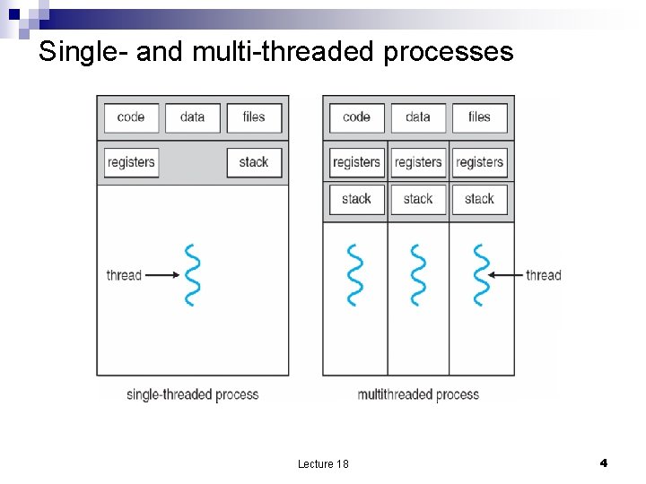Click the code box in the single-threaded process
tap(131, 117)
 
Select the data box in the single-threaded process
tap(192, 117)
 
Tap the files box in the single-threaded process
tap(254, 117)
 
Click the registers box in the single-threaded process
tap(131, 162)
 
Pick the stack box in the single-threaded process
tap(254, 162)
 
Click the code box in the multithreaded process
tap(356, 117)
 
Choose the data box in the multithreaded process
tap(418, 117)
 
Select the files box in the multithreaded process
tap(479, 117)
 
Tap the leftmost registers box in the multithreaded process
tap(356, 162)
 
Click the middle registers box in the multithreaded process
tap(418, 162)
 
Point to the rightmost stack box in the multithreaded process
tap(479, 199)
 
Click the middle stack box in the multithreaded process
tap(418, 199)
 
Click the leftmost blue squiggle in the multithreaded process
tap(356, 275)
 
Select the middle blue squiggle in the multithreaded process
tap(418, 275)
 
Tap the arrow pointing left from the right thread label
tap(508, 275)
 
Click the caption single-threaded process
tap(192, 394)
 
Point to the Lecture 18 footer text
tap(323, 463)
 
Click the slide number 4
tap(603, 462)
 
